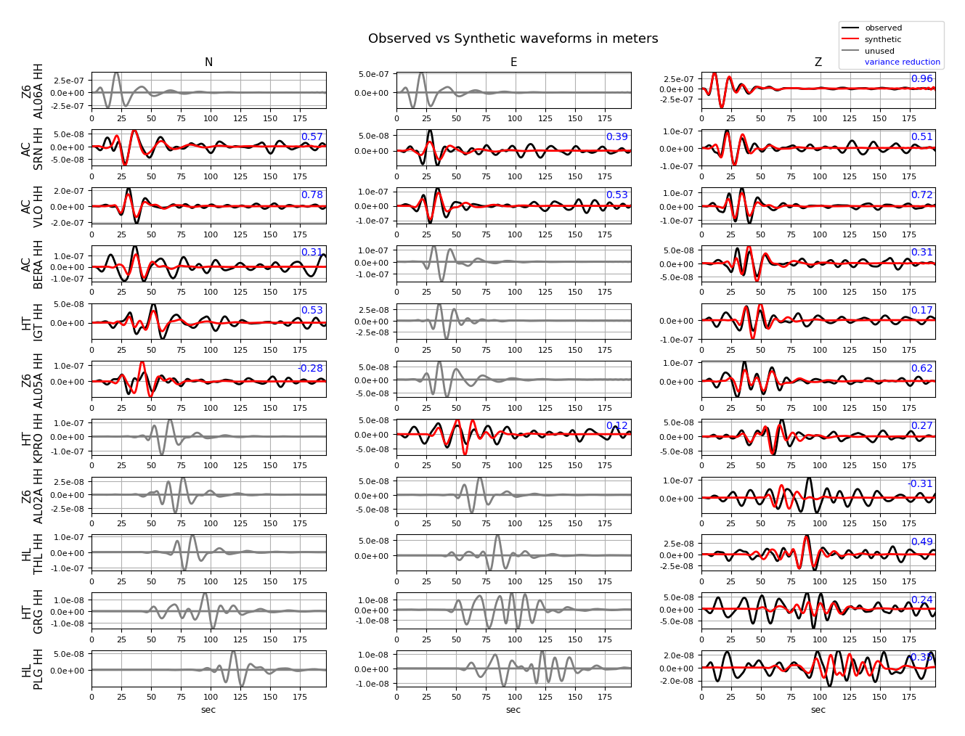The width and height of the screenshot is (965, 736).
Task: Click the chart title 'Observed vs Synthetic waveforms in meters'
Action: pos(513,38)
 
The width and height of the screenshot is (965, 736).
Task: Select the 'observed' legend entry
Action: pos(883,28)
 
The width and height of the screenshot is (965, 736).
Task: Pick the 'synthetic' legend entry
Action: pos(882,40)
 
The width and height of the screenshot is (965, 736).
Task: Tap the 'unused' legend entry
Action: pos(879,52)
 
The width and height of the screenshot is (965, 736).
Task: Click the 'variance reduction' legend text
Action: pos(902,62)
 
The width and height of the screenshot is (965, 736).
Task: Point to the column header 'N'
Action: pos(208,62)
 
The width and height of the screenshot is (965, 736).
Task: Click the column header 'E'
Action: pos(513,62)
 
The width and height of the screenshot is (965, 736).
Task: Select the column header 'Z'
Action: pos(818,62)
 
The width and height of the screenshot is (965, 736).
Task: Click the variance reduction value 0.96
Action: pos(921,79)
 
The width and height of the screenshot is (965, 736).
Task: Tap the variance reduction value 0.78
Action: pos(312,195)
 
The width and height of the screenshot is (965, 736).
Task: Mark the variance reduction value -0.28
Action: pos(310,369)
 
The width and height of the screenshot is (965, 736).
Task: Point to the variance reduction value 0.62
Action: pos(921,369)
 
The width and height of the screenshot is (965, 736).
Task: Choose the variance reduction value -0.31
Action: pos(920,484)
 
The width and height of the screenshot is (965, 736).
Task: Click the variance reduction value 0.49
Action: pos(921,542)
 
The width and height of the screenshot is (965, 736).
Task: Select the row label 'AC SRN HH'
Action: pos(32,148)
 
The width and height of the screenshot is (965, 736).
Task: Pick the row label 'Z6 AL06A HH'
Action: pos(32,91)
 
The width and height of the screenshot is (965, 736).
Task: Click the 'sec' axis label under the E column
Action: pos(513,710)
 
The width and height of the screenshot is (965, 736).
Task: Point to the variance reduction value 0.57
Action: pos(312,137)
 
